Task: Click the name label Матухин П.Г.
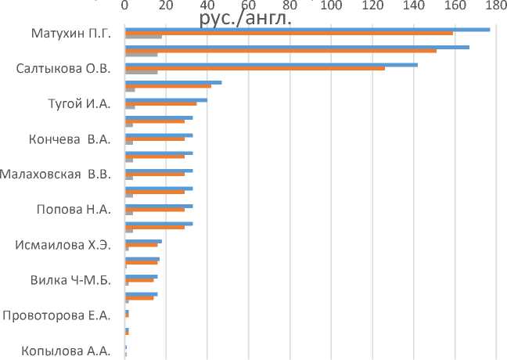pos(70,34)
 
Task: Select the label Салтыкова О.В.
pos(63,69)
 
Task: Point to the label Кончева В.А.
pos(69,139)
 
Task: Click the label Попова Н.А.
pos(74,210)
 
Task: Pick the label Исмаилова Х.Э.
pos(63,245)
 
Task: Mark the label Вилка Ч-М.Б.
pos(70,280)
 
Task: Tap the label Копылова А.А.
pos(66,351)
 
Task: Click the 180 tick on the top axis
pos(492,7)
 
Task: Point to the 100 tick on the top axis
pos(331,7)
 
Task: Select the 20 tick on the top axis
pos(166,7)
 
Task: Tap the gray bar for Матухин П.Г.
pos(143,37)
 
